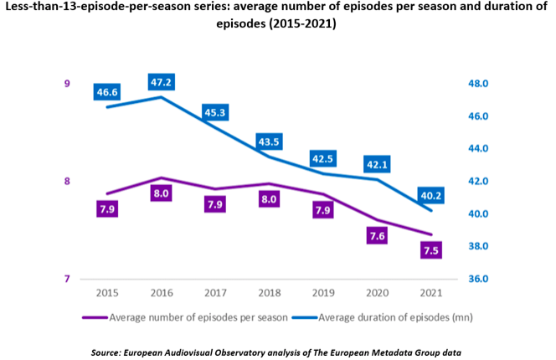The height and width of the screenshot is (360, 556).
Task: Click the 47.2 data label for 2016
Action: (x=160, y=83)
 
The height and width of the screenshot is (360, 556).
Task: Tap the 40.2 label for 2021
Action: (x=431, y=196)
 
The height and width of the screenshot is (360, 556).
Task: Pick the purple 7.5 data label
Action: (x=430, y=250)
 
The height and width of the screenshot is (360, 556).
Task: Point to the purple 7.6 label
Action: (x=377, y=236)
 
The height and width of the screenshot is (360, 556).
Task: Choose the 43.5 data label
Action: (x=269, y=141)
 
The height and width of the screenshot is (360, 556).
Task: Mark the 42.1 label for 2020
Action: (x=377, y=164)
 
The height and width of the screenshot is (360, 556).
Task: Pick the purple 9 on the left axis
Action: (x=66, y=84)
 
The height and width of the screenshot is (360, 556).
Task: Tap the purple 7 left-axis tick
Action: (x=66, y=279)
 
